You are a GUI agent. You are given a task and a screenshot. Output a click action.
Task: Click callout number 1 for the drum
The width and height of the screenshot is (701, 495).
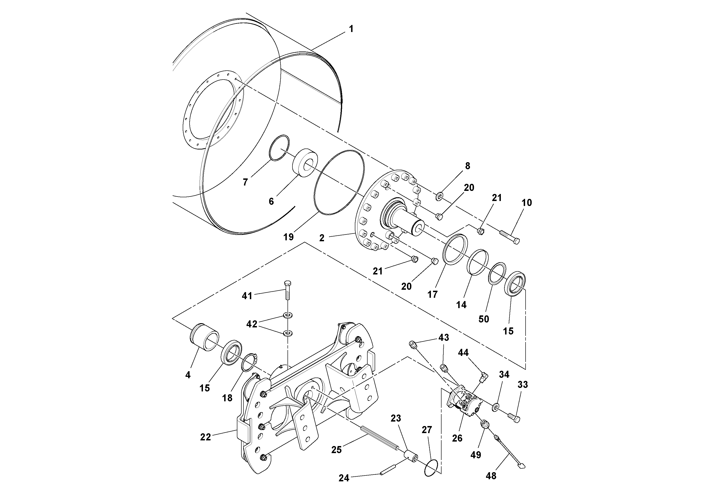(x=351, y=29)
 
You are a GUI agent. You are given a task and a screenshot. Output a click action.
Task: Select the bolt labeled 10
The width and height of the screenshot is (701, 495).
(x=510, y=237)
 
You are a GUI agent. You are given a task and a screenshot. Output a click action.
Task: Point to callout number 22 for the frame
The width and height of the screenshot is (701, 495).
(x=206, y=437)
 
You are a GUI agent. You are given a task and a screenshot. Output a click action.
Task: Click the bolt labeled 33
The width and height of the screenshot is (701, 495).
(x=514, y=417)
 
